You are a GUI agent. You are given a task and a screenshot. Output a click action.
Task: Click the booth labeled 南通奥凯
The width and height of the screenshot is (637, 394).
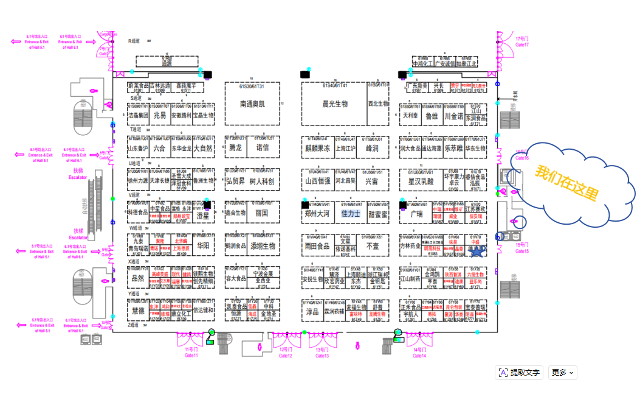click(252, 104)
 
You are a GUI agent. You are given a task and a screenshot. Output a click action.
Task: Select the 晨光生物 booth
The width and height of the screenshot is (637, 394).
click(334, 104)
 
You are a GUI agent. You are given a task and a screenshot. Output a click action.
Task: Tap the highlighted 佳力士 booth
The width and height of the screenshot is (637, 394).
click(351, 214)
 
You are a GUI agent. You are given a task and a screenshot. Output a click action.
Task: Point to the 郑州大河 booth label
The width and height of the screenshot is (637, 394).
click(317, 214)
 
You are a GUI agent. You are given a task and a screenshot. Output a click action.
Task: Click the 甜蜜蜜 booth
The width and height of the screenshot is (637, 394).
click(377, 214)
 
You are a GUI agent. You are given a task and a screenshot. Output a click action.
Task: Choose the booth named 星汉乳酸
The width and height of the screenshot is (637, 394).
click(421, 181)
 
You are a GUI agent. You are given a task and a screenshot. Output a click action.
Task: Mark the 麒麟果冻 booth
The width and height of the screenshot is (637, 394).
click(317, 148)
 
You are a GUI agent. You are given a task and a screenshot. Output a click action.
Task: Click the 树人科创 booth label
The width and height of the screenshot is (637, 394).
click(262, 181)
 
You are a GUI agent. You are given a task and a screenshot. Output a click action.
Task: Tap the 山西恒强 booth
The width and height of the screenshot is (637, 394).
click(317, 181)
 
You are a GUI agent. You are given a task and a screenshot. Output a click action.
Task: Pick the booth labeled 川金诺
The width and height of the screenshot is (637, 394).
click(453, 116)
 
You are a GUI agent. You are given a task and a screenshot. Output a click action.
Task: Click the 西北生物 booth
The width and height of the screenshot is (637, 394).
click(377, 104)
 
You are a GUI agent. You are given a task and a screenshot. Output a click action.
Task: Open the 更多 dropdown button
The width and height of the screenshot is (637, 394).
click(562, 373)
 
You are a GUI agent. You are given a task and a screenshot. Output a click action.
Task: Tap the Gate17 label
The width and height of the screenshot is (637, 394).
click(522, 44)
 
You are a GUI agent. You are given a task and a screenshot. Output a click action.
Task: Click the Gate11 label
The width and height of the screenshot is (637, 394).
click(191, 355)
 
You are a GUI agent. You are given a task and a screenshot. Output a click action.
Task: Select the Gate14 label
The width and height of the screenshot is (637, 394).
click(419, 355)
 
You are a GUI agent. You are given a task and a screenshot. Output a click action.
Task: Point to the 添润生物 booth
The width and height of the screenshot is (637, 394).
click(262, 247)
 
